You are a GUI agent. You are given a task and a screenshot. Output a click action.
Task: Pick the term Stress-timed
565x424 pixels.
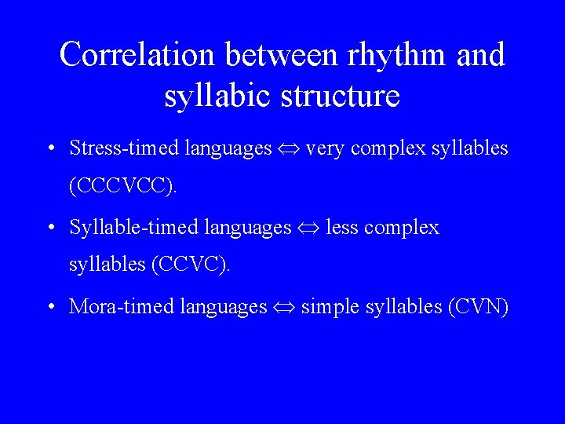click(x=125, y=148)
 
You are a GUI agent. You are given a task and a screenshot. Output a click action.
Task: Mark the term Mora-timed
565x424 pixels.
click(x=122, y=306)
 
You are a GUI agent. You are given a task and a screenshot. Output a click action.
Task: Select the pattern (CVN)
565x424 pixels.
click(x=478, y=306)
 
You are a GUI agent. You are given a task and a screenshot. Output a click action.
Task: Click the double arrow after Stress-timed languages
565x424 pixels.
click(x=288, y=148)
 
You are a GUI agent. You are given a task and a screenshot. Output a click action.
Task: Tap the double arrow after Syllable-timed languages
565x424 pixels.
click(x=308, y=228)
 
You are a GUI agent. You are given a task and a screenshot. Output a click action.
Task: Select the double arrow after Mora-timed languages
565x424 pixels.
click(x=284, y=307)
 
